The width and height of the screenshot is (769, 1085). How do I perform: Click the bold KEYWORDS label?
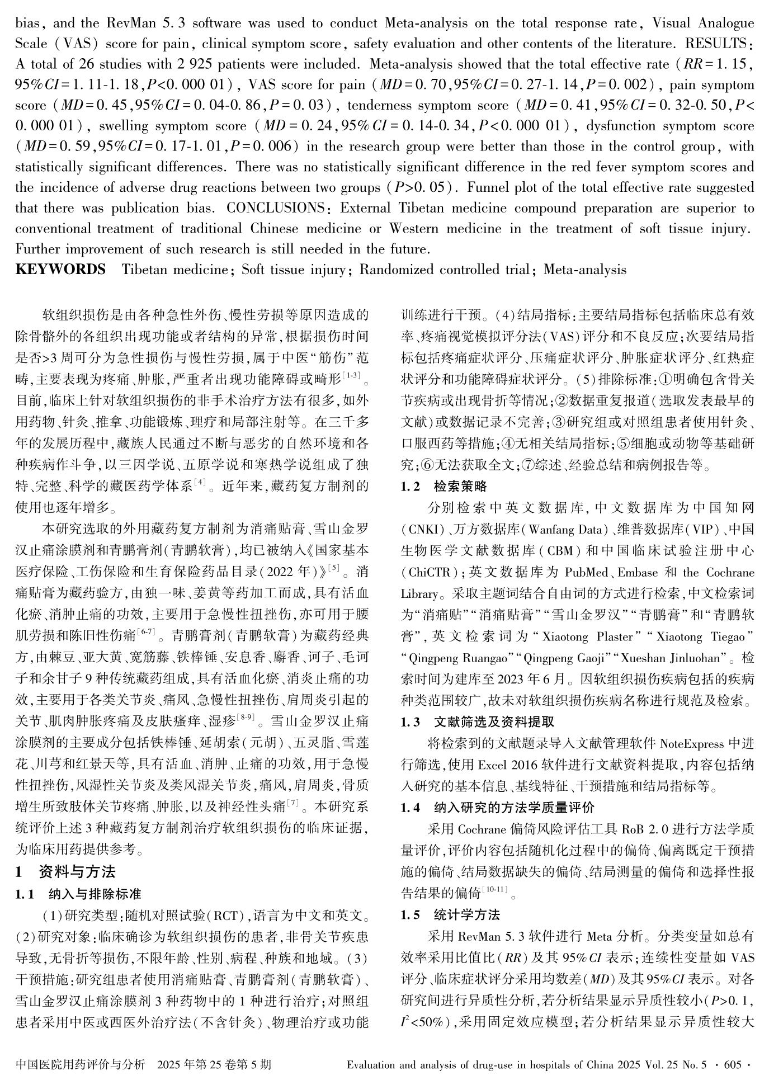click(x=60, y=270)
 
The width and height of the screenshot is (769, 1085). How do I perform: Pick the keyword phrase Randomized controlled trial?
click(x=444, y=270)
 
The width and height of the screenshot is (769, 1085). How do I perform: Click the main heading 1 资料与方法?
click(x=65, y=871)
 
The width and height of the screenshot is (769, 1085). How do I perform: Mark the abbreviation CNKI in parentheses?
click(x=420, y=529)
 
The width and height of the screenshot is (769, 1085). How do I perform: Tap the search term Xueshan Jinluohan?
click(x=673, y=658)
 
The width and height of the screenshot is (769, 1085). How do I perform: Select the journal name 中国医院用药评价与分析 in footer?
click(x=81, y=1064)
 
